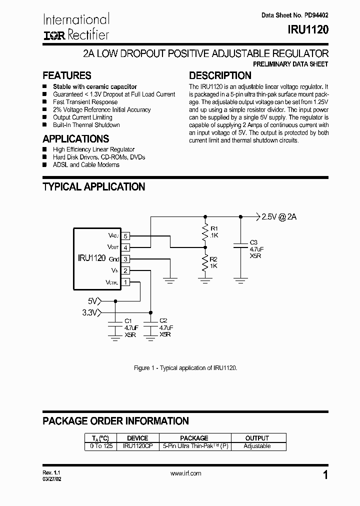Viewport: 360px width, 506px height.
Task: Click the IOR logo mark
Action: pos(51,35)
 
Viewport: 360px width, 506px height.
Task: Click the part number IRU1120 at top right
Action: pos(308,30)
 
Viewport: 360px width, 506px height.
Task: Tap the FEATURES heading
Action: pos(66,75)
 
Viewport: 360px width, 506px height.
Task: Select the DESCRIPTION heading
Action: pos(220,75)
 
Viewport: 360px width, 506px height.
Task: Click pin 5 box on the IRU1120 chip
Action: pos(125,235)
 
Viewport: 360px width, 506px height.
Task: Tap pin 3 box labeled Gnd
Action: pos(125,259)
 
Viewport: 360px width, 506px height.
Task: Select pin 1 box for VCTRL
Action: pos(125,282)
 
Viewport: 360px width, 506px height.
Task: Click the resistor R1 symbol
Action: pos(204,232)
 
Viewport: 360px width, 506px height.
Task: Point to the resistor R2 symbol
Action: pos(204,262)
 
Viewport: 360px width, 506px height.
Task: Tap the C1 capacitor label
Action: pos(128,320)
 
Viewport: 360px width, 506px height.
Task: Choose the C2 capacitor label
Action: pos(163,320)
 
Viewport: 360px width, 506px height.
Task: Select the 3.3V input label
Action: pos(90,313)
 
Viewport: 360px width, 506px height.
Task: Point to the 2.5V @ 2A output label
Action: pos(279,216)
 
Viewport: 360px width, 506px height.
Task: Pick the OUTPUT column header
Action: pos(257,438)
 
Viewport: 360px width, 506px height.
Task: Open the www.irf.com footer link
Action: pos(185,473)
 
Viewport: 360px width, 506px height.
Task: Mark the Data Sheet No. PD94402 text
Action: pos(295,15)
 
